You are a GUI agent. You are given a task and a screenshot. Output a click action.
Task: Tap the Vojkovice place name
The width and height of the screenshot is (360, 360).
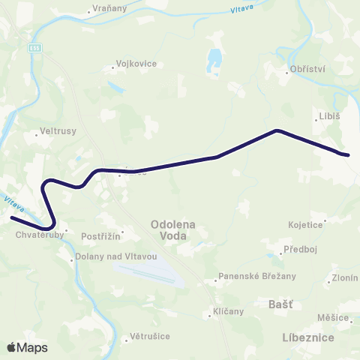click(x=136, y=64)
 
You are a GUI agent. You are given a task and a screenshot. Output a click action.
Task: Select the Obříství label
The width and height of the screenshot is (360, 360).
click(x=307, y=72)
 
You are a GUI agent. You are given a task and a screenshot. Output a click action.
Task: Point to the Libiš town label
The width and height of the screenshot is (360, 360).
click(x=329, y=117)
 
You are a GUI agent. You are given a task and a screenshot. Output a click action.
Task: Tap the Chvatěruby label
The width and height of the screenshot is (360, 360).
click(x=36, y=234)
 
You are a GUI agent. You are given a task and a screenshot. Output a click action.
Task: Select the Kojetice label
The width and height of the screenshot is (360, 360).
click(x=305, y=223)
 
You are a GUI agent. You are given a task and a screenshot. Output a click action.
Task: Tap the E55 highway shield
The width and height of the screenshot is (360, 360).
click(x=36, y=48)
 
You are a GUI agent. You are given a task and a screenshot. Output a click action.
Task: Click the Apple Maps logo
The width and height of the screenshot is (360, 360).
click(x=27, y=347)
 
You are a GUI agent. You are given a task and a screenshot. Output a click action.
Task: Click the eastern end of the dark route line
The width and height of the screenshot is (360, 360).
click(x=347, y=155)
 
